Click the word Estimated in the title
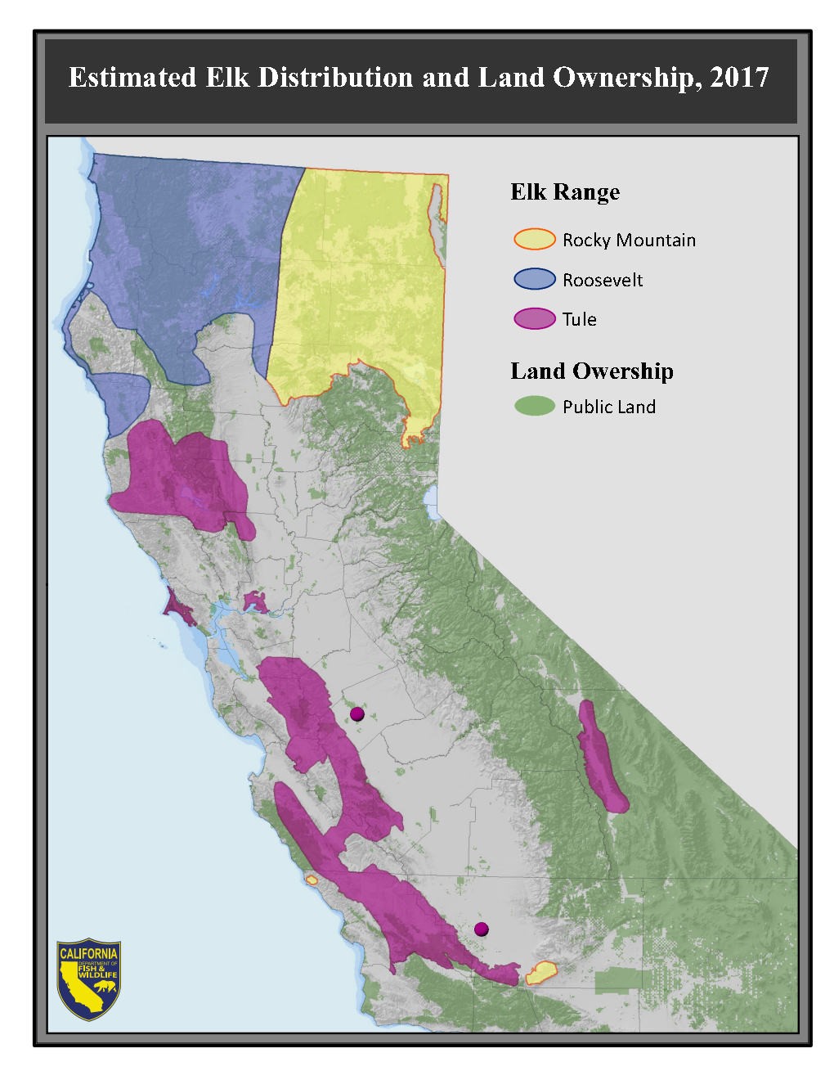click(131, 77)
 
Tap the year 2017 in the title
click(739, 77)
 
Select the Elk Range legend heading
click(565, 191)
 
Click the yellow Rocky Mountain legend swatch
click(535, 240)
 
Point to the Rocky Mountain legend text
click(629, 240)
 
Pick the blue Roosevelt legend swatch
click(535, 279)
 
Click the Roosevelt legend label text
click(603, 280)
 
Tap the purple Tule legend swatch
click(535, 318)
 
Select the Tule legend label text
click(579, 319)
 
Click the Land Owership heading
click(592, 371)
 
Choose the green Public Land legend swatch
click(535, 406)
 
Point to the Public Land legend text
click(608, 407)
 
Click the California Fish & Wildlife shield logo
click(89, 979)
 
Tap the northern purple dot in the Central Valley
click(356, 714)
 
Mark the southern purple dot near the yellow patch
click(482, 929)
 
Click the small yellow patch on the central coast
click(311, 880)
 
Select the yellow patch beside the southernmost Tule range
click(540, 973)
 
